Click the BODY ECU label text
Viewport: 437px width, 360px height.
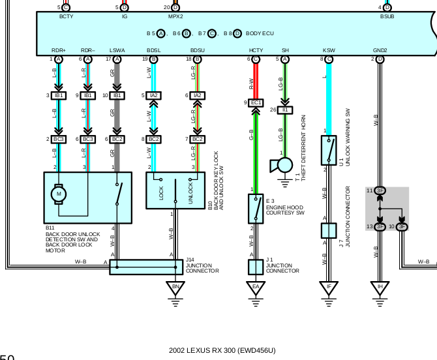point(260,33)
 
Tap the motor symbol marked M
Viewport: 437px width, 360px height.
point(59,193)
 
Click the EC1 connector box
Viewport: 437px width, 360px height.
point(256,102)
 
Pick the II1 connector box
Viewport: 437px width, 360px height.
point(285,110)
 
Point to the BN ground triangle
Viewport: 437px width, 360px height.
point(175,288)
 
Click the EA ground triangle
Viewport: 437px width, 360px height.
point(256,288)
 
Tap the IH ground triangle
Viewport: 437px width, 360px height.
point(380,288)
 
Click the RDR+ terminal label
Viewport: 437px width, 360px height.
point(59,50)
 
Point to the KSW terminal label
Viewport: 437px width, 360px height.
point(328,50)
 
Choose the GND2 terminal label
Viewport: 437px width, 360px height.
point(380,50)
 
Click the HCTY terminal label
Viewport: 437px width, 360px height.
point(256,50)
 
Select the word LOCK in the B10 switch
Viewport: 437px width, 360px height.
point(160,192)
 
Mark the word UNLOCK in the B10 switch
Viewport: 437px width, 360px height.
point(190,192)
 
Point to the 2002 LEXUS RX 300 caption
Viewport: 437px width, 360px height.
point(222,350)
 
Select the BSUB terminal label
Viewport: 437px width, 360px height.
point(387,16)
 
